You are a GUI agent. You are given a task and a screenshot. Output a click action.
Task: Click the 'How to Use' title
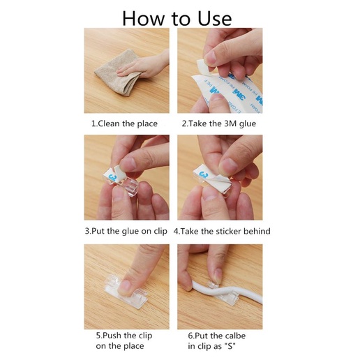[177, 18]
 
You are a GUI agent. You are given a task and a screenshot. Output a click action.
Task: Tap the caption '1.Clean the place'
[124, 123]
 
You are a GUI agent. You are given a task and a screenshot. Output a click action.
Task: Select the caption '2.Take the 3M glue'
[219, 123]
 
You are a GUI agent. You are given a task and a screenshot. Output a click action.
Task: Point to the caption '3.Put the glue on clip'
[126, 231]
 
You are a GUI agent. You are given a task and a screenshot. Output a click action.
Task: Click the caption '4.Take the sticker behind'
[222, 231]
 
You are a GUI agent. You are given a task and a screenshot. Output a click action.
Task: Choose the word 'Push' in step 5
[112, 336]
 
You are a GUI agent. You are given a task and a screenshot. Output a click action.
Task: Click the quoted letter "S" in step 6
[230, 346]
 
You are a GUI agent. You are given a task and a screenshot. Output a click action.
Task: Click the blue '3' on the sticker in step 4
[204, 175]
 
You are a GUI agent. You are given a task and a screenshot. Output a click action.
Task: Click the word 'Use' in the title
[215, 18]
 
